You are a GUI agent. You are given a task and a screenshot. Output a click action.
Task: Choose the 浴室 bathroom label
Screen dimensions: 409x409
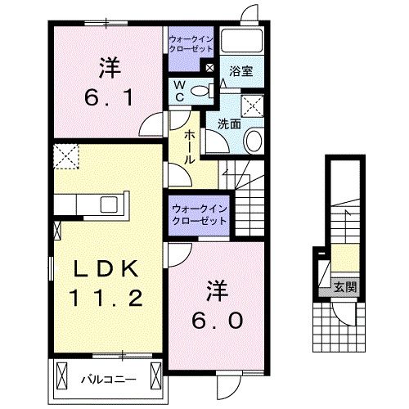click(x=240, y=71)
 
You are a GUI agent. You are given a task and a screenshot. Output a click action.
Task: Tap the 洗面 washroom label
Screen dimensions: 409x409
click(x=228, y=124)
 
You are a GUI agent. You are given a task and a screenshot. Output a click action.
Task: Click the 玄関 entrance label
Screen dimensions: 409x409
click(x=344, y=287)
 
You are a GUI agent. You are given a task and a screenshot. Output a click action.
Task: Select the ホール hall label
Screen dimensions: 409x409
click(x=188, y=146)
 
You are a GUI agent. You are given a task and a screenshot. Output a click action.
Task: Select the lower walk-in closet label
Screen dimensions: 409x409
click(x=199, y=215)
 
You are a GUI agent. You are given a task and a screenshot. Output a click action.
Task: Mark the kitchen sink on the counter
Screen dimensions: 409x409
click(x=109, y=203)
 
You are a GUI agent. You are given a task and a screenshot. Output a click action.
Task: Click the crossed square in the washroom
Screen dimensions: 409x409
click(x=251, y=105)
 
